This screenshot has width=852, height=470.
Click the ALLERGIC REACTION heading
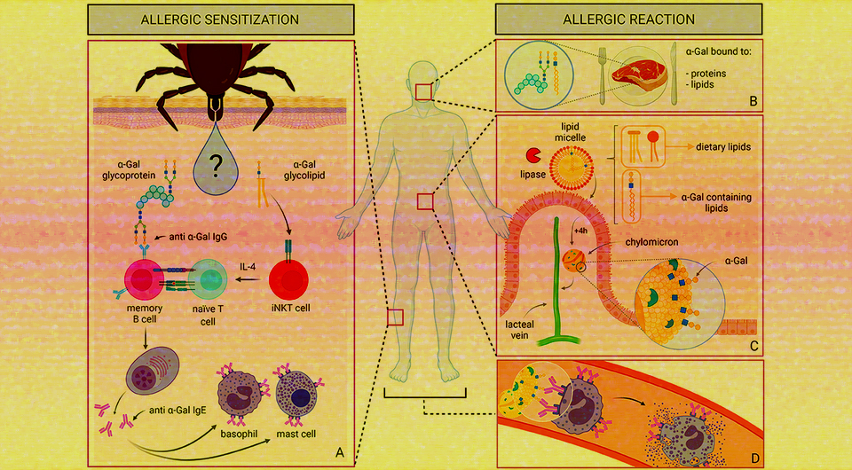click(629, 19)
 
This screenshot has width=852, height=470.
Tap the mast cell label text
click(299, 436)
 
